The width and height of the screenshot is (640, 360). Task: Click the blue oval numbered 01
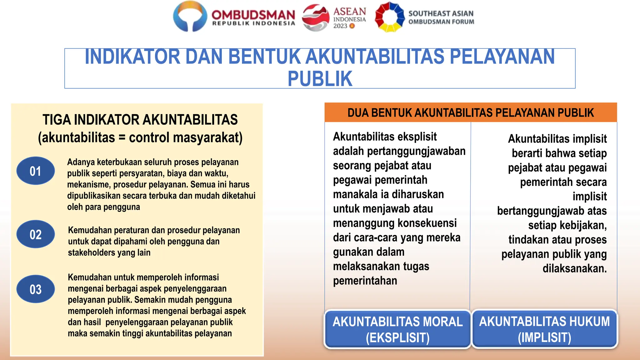click(x=35, y=171)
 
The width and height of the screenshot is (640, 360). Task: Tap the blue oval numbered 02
click(x=35, y=234)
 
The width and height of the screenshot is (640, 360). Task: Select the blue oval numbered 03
click(x=35, y=289)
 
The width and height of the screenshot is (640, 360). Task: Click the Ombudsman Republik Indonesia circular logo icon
click(x=190, y=16)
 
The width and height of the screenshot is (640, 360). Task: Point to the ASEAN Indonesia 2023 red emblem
click(x=316, y=17)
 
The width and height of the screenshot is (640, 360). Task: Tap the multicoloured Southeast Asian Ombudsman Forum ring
click(x=389, y=17)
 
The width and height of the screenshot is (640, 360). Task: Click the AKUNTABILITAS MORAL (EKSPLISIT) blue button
click(x=397, y=329)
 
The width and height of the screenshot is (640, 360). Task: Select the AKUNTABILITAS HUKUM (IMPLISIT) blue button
click(x=544, y=329)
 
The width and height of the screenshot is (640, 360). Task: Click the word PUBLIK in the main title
click(x=320, y=79)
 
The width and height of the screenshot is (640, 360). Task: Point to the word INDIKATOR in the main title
click(x=132, y=57)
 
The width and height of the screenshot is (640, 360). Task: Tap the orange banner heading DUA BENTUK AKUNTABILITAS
click(x=470, y=113)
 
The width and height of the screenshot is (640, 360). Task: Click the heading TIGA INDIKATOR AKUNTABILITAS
click(x=140, y=120)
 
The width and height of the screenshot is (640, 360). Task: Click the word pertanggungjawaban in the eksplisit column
click(x=416, y=151)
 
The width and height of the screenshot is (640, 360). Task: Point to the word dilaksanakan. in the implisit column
click(x=574, y=268)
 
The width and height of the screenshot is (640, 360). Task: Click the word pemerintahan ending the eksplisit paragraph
click(x=365, y=281)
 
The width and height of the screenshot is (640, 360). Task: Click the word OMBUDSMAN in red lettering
click(x=253, y=14)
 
